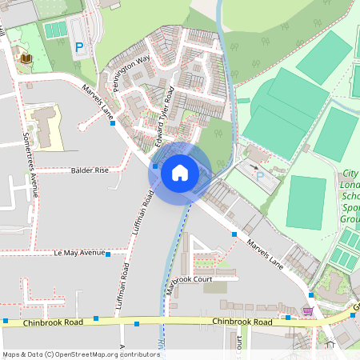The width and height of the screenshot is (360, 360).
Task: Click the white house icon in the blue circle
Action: coord(180,172)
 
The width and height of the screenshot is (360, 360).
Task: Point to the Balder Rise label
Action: coord(90,170)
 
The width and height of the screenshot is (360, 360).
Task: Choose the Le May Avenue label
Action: coord(80,253)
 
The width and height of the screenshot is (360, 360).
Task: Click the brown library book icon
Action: coord(26,58)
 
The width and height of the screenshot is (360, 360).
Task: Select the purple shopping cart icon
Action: coord(308,310)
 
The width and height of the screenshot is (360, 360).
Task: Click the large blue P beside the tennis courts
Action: coord(78,48)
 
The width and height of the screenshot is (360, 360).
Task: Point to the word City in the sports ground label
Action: coord(350,174)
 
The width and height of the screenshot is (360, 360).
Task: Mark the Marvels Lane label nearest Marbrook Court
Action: coord(265,253)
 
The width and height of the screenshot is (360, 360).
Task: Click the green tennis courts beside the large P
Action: coord(55,30)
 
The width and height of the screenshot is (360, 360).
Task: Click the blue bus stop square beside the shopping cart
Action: coord(288,318)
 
